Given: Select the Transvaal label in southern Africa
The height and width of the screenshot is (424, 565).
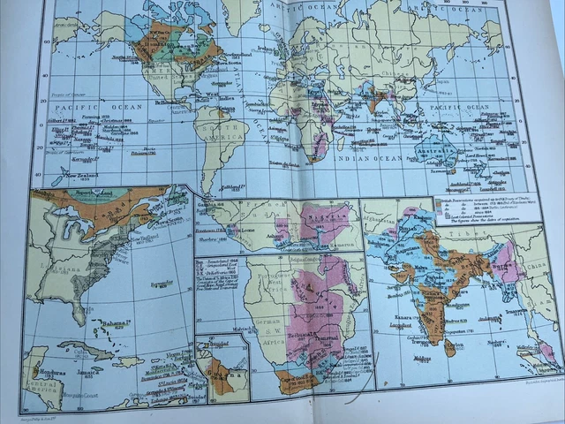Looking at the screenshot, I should click(322, 345).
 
